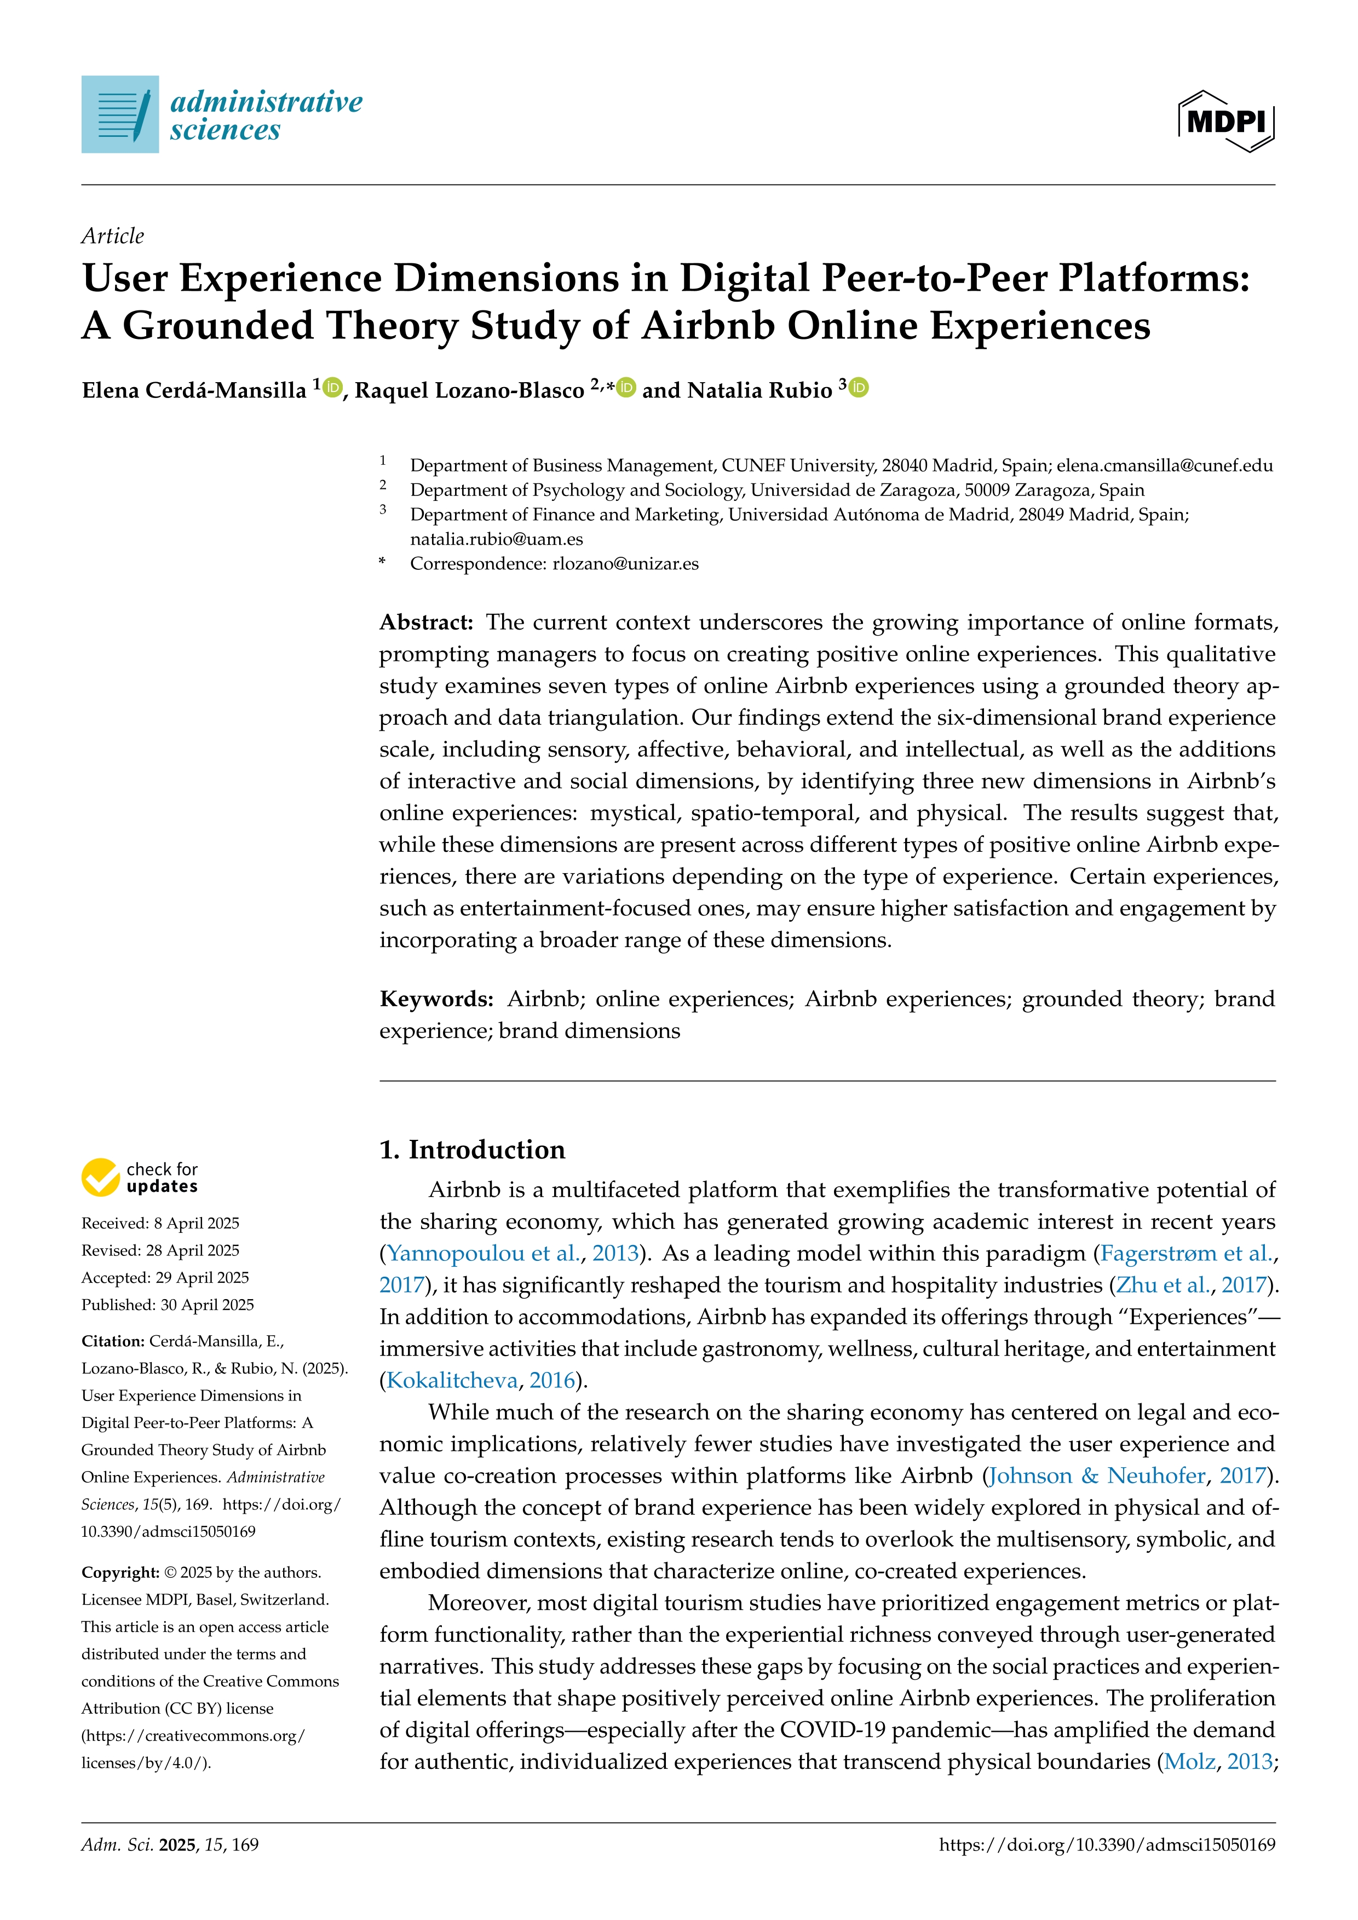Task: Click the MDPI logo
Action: click(x=1226, y=121)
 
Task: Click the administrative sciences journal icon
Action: click(x=119, y=114)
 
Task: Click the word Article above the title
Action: click(x=113, y=236)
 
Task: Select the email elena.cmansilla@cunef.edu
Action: click(x=1164, y=466)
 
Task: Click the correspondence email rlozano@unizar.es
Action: click(x=625, y=563)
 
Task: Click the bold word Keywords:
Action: click(x=436, y=999)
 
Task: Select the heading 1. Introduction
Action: click(x=473, y=1149)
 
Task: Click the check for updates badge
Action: click(x=140, y=1178)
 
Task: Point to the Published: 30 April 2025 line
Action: click(x=167, y=1305)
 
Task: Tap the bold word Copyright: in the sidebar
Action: click(x=120, y=1572)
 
